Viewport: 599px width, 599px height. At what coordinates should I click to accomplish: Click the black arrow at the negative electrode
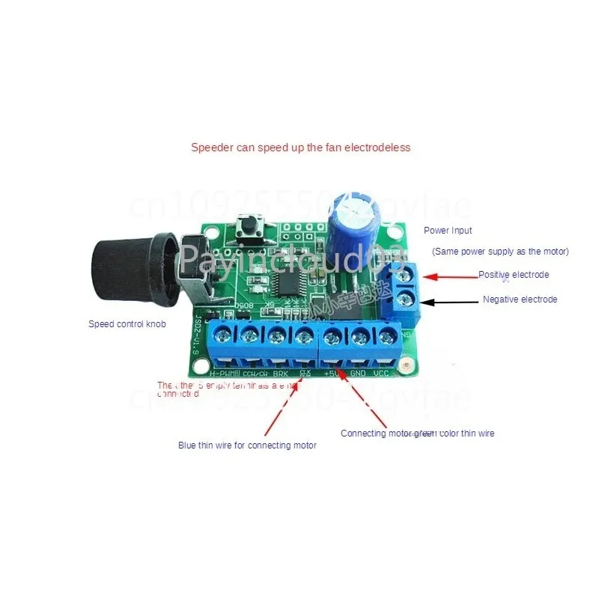[450, 300]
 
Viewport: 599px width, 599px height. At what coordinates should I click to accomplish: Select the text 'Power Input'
[448, 231]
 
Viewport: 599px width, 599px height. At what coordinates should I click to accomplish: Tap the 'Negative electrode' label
[520, 299]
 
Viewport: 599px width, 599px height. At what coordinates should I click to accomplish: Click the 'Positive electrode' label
[514, 275]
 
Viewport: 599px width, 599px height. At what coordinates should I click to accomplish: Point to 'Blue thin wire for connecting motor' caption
[247, 446]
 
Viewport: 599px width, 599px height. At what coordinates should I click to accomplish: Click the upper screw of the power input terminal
[407, 276]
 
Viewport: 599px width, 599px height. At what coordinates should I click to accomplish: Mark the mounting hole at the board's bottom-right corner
[405, 366]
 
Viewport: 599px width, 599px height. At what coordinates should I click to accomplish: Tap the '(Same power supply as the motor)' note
[500, 251]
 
